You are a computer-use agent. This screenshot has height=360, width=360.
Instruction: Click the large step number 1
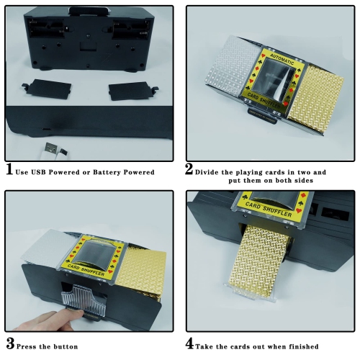coord(9,169)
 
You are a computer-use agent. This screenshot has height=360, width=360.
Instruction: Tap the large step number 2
coord(189,169)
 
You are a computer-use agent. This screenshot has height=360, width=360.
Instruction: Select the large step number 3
coord(10,343)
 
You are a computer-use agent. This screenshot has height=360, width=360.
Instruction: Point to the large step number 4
coord(189,343)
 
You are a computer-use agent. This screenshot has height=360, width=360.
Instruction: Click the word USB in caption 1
coord(38,172)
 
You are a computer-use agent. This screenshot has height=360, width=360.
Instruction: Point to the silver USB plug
coord(50,148)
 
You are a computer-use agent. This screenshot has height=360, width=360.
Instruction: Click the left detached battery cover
coord(47,89)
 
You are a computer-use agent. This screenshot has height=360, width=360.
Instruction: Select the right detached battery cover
coord(133,91)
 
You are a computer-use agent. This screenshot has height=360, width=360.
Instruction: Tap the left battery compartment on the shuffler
coord(45,28)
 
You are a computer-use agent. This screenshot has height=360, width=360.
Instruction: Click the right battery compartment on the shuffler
coord(131,29)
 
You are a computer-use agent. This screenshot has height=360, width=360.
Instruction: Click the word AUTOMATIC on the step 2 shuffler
coord(282,59)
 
